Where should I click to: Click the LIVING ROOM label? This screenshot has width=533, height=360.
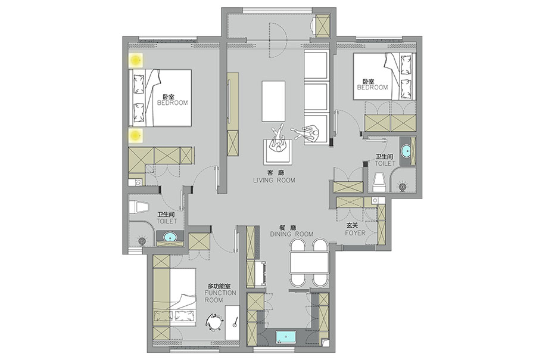[x=274, y=181]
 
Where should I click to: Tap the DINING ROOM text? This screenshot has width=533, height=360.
[x=291, y=234]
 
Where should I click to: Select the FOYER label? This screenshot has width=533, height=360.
[x=355, y=233]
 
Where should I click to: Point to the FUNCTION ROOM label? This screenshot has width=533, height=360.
[x=220, y=296]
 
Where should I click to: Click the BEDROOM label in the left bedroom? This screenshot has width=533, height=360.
[x=172, y=103]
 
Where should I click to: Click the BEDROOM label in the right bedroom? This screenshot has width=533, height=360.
[x=372, y=88]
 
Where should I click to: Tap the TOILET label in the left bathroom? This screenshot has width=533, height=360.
[x=167, y=221]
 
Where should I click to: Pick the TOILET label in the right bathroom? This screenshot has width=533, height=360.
[x=385, y=163]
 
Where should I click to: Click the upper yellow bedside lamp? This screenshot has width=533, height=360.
[x=136, y=61]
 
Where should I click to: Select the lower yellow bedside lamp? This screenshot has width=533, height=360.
[x=136, y=135]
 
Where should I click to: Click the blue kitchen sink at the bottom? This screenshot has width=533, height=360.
[x=286, y=337]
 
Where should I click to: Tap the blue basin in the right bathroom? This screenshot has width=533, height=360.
[x=406, y=151]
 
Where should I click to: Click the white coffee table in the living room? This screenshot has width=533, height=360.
[x=273, y=101]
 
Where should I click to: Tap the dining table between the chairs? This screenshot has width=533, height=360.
[x=309, y=262]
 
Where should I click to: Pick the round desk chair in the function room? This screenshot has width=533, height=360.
[x=214, y=322]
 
